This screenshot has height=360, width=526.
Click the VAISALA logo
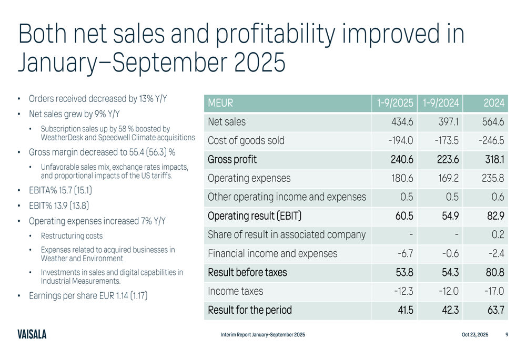(32, 334)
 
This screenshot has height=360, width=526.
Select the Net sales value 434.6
(402, 122)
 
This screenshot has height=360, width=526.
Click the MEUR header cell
(221, 103)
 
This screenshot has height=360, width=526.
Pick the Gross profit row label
(232, 159)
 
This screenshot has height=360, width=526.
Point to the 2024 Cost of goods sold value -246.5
(491, 141)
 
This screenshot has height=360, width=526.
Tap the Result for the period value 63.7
(495, 310)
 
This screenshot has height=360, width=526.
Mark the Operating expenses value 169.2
(448, 178)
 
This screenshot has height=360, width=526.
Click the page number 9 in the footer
(507, 335)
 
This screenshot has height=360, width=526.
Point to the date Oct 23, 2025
(474, 335)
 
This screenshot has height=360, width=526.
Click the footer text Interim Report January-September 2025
(263, 335)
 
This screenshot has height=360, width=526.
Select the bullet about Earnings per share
(88, 296)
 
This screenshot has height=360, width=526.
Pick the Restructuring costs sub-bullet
(72, 236)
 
